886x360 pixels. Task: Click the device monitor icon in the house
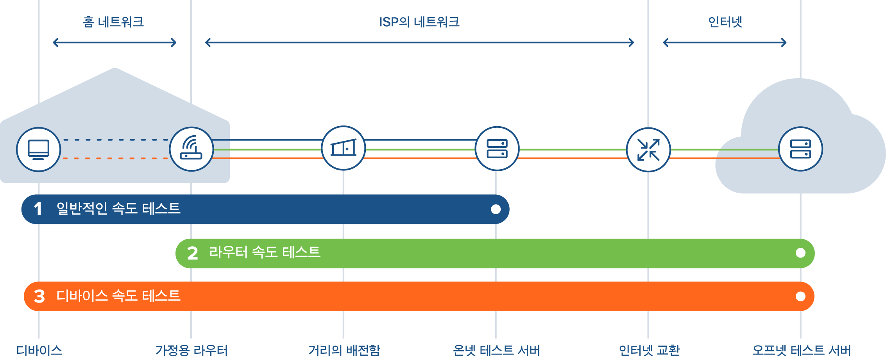[38, 149]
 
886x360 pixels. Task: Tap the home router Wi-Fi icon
[191, 149]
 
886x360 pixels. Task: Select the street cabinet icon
[343, 148]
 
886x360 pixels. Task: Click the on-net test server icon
[497, 149]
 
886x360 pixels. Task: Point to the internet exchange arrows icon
[648, 150]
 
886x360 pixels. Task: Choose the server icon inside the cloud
[800, 149]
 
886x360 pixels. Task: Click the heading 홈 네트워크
[113, 22]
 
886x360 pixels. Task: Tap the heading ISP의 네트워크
[419, 22]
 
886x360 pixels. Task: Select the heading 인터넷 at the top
[725, 22]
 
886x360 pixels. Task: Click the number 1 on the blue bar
[38, 209]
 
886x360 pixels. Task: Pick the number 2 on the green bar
[192, 253]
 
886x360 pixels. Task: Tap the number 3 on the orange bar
[39, 296]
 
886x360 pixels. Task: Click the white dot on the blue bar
[496, 210]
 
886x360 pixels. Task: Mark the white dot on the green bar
[800, 253]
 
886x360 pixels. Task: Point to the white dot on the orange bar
[800, 296]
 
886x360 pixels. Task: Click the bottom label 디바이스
[39, 350]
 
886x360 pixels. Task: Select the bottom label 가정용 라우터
[191, 350]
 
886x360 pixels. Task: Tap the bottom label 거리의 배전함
[344, 350]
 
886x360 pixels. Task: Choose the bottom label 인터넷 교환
[649, 350]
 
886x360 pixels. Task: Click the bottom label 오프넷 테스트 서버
[801, 350]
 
